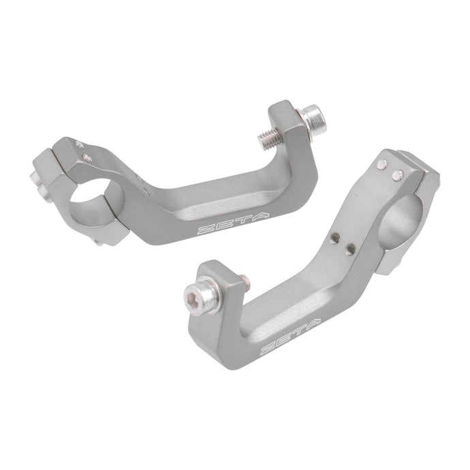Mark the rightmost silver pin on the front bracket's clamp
395,176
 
